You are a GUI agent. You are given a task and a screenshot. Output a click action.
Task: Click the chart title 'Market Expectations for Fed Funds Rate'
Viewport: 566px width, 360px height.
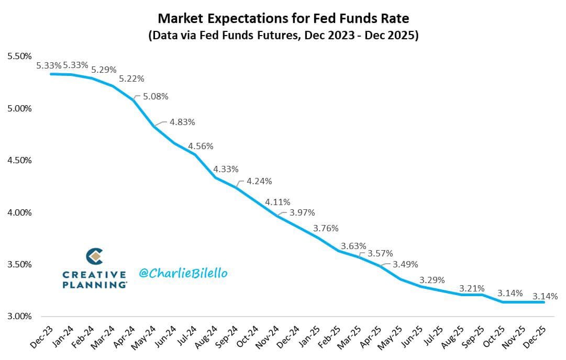click(x=283, y=19)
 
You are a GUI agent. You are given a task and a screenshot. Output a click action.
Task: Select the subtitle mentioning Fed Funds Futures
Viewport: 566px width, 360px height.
click(x=283, y=37)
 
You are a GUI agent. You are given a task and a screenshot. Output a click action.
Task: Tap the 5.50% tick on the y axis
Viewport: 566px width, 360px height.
click(x=20, y=56)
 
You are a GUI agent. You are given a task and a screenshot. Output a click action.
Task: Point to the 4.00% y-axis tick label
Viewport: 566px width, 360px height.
click(x=20, y=212)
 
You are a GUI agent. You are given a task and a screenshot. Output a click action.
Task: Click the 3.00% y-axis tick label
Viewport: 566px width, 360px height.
click(x=20, y=317)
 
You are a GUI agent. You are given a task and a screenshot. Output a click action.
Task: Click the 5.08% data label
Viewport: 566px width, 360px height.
click(x=156, y=96)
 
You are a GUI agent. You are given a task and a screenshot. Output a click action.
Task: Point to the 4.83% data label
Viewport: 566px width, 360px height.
click(x=182, y=122)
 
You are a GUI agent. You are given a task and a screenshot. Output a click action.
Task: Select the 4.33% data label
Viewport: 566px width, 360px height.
click(x=226, y=169)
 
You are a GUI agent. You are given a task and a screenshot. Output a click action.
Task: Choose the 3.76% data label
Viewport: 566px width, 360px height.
click(x=326, y=228)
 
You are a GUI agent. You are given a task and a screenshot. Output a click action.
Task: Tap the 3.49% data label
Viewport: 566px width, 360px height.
click(x=405, y=264)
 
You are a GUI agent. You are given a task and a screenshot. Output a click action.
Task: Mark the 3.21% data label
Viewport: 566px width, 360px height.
click(x=472, y=288)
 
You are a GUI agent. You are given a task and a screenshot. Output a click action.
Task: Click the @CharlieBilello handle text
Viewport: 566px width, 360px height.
click(x=183, y=273)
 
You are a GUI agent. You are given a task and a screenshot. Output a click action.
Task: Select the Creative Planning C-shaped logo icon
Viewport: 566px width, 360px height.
click(x=94, y=256)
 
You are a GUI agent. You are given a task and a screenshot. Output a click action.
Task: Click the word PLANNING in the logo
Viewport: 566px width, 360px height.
click(x=94, y=285)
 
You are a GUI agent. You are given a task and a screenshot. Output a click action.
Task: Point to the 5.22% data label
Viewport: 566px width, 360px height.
click(x=131, y=78)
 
